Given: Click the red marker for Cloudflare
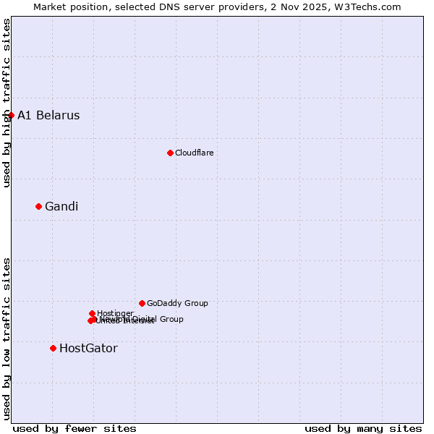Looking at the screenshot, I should (170, 153).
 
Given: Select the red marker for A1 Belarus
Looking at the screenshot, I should (11, 115).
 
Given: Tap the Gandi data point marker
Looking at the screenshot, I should (38, 206).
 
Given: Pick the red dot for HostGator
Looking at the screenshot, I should (53, 348).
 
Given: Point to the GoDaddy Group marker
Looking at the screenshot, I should (142, 303).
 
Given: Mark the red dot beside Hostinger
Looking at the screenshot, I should (92, 313).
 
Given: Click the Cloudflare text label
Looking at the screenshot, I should (194, 153).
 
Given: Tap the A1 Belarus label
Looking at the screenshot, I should (48, 115).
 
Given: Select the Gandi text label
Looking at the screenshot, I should (61, 206).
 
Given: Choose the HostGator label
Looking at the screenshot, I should (88, 348).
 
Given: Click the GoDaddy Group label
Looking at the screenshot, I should (177, 303).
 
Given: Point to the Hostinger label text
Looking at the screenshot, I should (115, 313).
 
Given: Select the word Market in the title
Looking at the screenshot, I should (53, 7).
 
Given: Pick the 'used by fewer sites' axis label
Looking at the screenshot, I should (75, 428).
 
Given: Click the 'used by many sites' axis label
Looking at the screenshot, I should (362, 428).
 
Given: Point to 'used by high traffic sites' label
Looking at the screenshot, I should (7, 103).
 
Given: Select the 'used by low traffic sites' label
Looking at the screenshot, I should (7, 338).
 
